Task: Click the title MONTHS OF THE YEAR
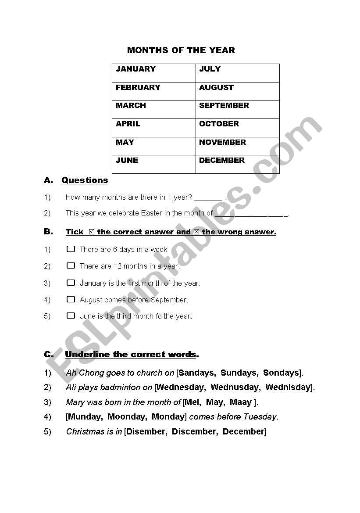181,50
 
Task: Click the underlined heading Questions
85,180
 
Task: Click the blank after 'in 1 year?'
208,198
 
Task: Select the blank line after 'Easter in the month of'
251,214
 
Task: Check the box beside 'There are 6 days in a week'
71,249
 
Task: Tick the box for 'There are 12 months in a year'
71,265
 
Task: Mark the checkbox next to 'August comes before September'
71,299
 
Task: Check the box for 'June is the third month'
71,315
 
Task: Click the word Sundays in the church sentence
239,373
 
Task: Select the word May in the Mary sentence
214,402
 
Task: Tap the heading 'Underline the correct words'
130,355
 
